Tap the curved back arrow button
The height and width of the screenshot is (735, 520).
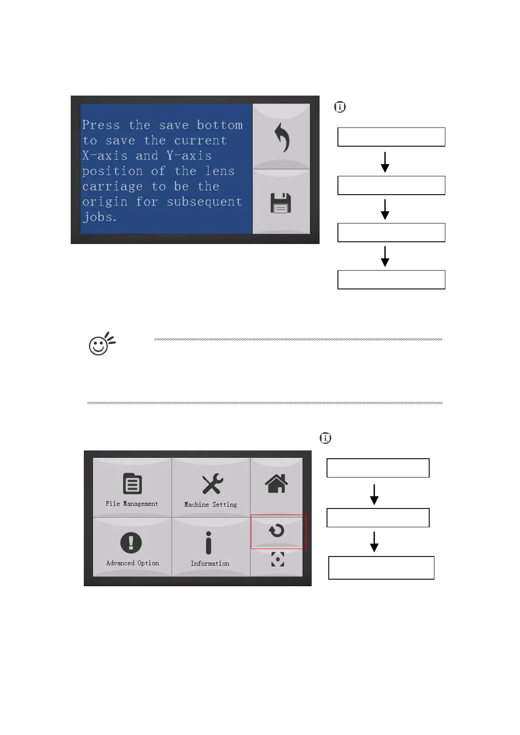[282, 137]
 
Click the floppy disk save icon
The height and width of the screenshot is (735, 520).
[281, 203]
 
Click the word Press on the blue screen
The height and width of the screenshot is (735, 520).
[101, 125]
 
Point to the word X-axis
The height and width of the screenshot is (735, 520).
[104, 156]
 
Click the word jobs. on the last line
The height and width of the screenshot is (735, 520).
[100, 217]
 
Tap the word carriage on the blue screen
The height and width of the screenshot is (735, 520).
[112, 186]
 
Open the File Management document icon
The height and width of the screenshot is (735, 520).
[132, 484]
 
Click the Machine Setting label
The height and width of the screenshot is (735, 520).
[210, 505]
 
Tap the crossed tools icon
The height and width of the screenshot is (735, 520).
[212, 484]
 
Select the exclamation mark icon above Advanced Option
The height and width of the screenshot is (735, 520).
[131, 543]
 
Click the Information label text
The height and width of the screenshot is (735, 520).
[210, 563]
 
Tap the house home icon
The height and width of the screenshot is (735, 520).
[276, 483]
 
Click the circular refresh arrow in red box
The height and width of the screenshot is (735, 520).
[277, 531]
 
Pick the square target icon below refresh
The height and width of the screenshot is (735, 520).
[278, 559]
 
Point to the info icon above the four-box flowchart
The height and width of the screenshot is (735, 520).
[340, 107]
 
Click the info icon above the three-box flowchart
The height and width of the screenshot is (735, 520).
[325, 438]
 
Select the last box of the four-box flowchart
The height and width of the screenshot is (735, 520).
[391, 280]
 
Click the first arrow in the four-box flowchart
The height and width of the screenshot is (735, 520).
[385, 161]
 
